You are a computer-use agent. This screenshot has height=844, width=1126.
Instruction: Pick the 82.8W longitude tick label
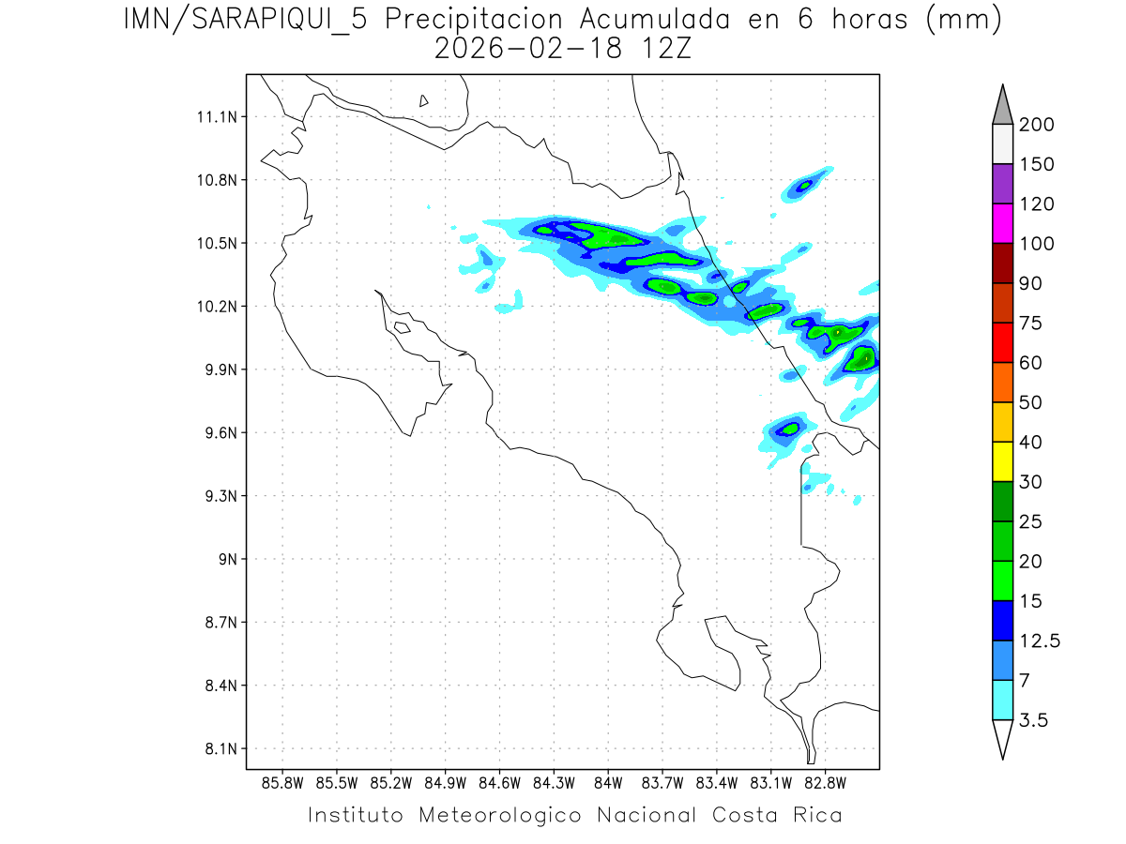tap(825, 783)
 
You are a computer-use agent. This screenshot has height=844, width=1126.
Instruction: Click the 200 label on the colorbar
tap(1037, 125)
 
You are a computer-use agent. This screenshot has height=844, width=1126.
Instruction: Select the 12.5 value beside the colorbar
tap(1040, 641)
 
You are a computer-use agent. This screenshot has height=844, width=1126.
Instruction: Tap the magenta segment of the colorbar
tap(1002, 223)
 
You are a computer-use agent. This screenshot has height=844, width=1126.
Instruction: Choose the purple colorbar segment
tap(1002, 184)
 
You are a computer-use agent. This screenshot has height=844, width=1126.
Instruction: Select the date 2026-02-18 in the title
tap(528, 50)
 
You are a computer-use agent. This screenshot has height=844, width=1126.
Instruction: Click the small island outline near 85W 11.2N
tap(424, 100)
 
